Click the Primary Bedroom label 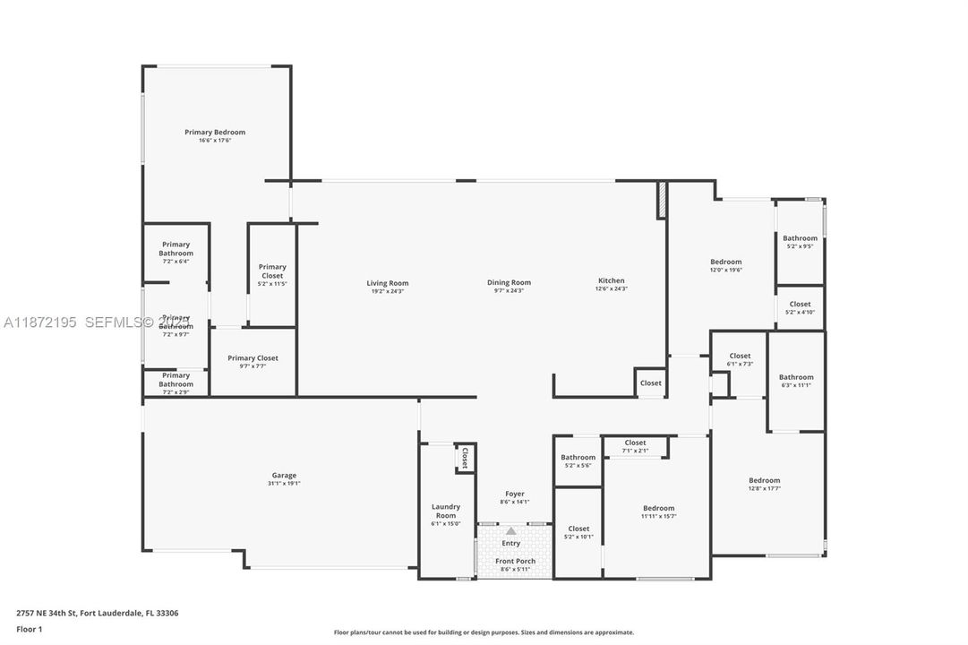point(215,133)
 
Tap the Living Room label point(388,283)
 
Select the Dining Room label point(509,283)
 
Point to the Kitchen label point(612,280)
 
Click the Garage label point(284,476)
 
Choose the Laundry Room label point(445,511)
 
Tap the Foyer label point(515,494)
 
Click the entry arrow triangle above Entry point(510,531)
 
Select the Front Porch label point(516,562)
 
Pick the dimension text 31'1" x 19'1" point(284,484)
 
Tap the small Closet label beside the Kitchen point(651,383)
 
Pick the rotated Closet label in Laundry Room point(465,457)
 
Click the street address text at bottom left point(97,614)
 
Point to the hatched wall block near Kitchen point(663,200)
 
